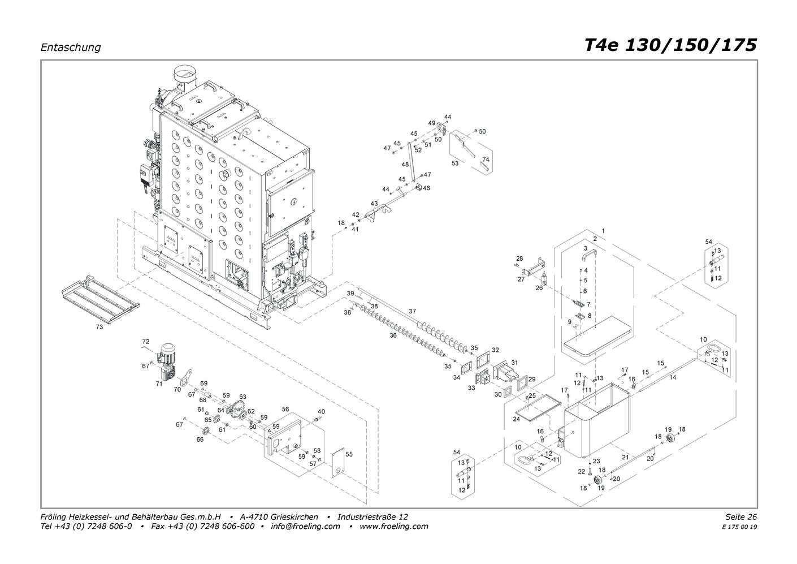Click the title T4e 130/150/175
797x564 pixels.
(x=671, y=45)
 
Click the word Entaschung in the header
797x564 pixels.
(x=71, y=48)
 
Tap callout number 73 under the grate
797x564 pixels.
(x=99, y=327)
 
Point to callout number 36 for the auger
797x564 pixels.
(x=393, y=335)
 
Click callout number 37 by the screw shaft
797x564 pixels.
(x=413, y=311)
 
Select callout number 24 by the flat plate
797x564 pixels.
(x=516, y=419)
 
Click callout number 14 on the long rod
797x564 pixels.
(x=673, y=377)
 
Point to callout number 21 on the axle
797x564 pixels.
(x=626, y=457)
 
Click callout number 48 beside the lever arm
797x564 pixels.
(x=405, y=165)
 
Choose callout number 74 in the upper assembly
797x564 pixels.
(x=486, y=159)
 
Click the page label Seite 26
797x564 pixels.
(x=741, y=516)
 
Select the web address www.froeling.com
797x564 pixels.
(x=394, y=526)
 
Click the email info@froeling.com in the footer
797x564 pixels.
(x=305, y=526)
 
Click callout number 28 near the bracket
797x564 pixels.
(x=519, y=259)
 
